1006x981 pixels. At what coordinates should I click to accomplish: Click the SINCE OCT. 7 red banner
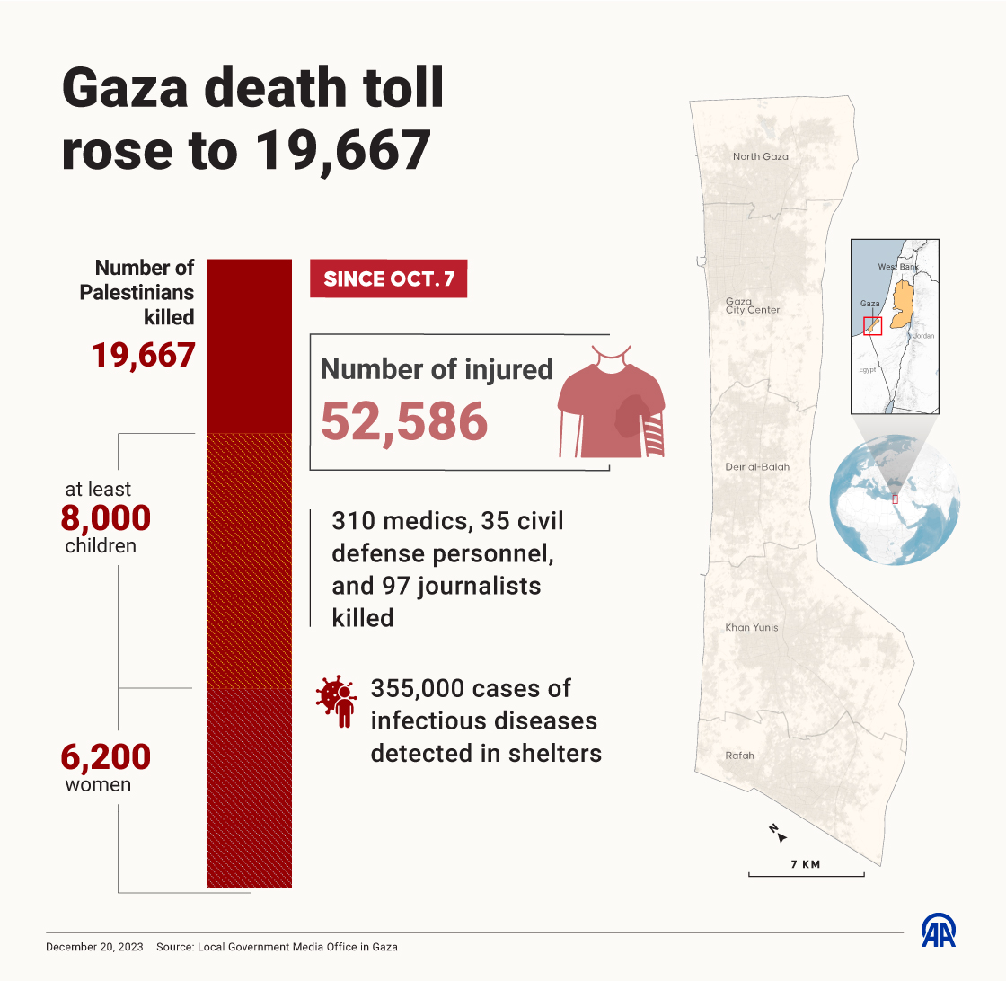[388, 278]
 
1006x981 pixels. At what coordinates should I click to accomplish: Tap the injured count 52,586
[404, 420]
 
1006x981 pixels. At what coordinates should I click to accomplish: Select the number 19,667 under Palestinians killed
[144, 355]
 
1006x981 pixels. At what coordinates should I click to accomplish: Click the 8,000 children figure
[106, 518]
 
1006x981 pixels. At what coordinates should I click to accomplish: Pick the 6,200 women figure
[106, 757]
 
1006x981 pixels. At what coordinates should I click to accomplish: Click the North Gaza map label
[760, 156]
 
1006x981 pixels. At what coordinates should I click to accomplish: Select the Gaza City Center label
[752, 305]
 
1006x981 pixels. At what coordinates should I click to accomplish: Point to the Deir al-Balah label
[756, 467]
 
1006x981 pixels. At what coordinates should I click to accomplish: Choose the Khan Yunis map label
[752, 627]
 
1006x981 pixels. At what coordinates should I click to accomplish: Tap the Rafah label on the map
[739, 756]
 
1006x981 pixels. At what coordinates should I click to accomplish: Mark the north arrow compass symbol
[778, 833]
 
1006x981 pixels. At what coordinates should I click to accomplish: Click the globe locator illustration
[895, 499]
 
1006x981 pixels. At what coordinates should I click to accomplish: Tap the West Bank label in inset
[899, 267]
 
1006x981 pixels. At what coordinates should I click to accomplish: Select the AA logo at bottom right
[939, 931]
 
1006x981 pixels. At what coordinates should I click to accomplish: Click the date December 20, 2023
[94, 947]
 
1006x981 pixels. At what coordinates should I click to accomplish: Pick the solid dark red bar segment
[250, 346]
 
